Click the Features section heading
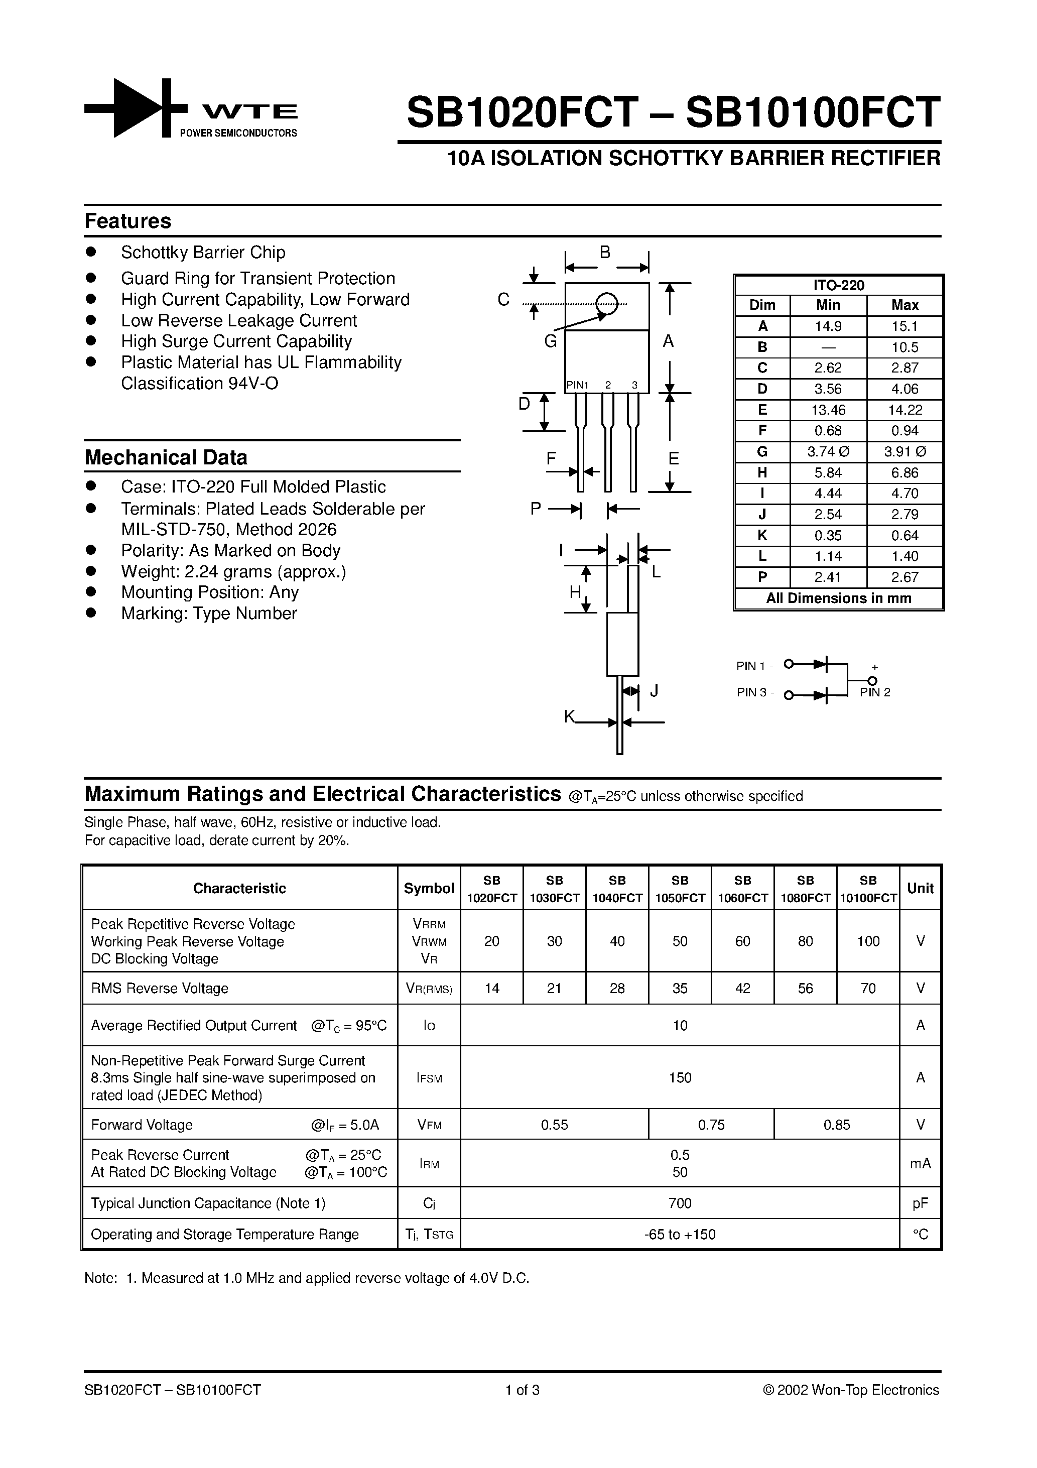tap(128, 221)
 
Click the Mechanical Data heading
tap(166, 458)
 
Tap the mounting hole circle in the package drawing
tap(607, 304)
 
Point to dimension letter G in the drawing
tap(551, 342)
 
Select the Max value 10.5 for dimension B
tap(904, 347)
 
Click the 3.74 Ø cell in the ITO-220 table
tap(828, 452)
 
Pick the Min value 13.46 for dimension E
tap(828, 410)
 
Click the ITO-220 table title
tap(838, 286)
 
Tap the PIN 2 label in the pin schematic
tap(874, 692)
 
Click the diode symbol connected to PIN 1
tap(820, 664)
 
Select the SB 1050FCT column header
tap(680, 889)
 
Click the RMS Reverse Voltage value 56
tap(805, 989)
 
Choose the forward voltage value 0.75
tap(711, 1125)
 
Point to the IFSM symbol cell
tap(429, 1078)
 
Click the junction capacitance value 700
tap(680, 1203)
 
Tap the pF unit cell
tap(920, 1203)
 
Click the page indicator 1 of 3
tap(523, 1390)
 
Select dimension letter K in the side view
tap(569, 717)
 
